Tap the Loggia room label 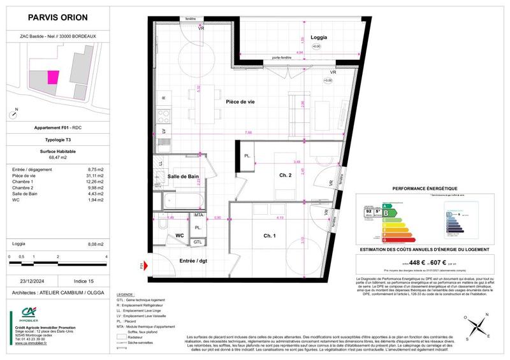point(319,38)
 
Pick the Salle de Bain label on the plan point(182,177)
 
